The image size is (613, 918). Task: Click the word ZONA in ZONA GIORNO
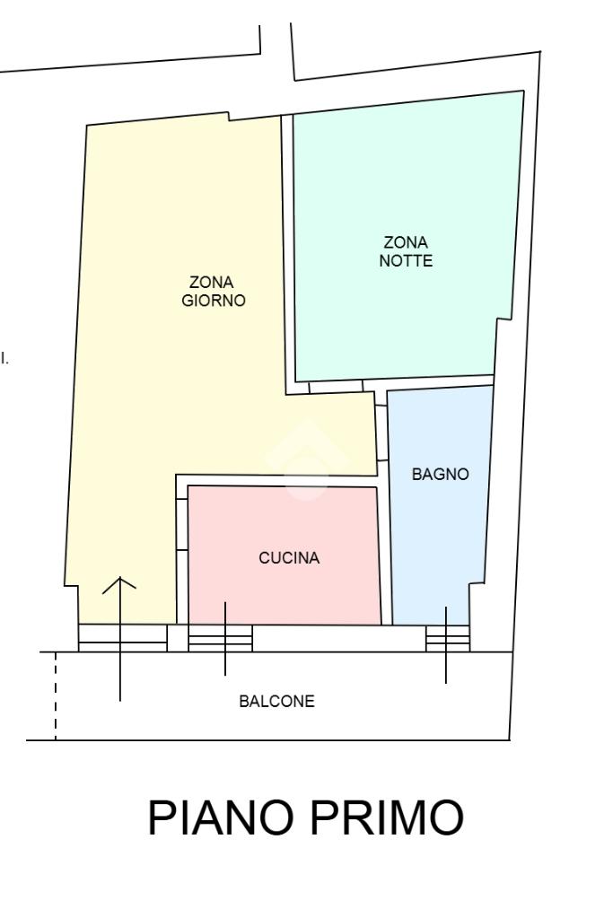[211, 282]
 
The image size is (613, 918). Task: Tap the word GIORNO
[213, 301]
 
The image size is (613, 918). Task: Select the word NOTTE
[406, 260]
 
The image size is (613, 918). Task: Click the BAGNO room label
[441, 474]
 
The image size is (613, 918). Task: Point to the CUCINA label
[289, 558]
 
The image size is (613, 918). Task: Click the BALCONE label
[277, 701]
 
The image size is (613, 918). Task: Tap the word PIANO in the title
[220, 817]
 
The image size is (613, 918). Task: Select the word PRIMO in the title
[387, 817]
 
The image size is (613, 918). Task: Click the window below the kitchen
[220, 638]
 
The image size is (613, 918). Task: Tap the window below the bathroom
[448, 638]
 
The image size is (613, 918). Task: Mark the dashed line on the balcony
[56, 696]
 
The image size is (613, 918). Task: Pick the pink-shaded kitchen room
[284, 555]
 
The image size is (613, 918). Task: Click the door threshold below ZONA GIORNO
[123, 638]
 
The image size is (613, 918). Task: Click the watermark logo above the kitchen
[306, 460]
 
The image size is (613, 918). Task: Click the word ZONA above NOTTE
[406, 242]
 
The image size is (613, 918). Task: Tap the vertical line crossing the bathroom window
[446, 644]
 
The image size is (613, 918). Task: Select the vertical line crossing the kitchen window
[225, 638]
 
